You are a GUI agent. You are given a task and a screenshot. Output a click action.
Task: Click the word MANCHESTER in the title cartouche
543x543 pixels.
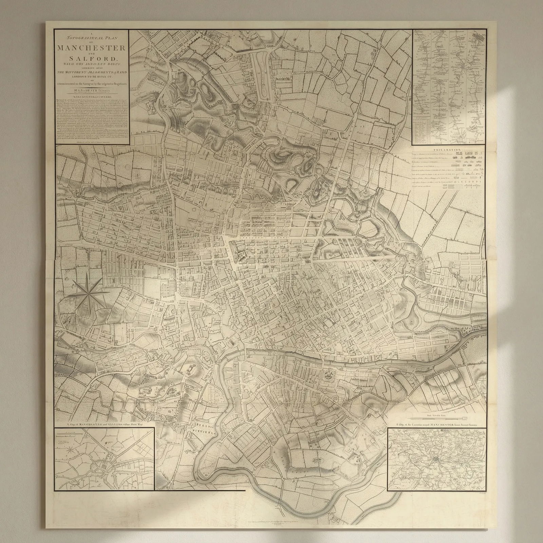pos(92,48)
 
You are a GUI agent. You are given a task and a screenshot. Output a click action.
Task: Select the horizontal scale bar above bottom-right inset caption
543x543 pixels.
pos(438,416)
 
